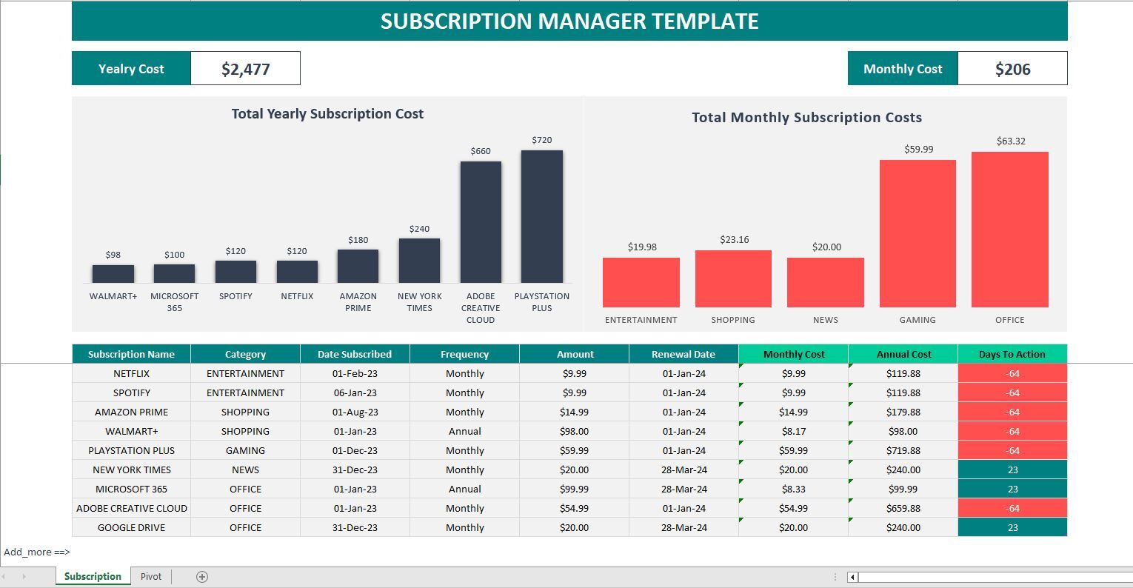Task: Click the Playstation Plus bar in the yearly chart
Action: click(541, 216)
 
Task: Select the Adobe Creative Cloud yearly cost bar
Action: click(481, 221)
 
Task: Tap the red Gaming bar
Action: click(918, 233)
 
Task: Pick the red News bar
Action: click(825, 282)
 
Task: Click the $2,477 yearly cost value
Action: click(245, 69)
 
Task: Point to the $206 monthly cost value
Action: click(1012, 69)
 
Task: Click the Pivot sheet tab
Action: click(151, 577)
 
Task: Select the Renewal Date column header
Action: click(684, 354)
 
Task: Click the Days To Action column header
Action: click(1012, 354)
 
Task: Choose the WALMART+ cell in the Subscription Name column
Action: click(131, 431)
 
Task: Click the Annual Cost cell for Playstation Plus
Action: click(903, 450)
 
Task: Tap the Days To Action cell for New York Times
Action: click(1012, 470)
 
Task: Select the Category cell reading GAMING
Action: click(245, 450)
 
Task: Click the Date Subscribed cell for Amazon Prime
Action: click(355, 412)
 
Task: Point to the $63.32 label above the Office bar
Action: click(1010, 141)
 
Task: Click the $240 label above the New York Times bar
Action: click(419, 229)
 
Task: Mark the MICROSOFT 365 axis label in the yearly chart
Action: click(174, 301)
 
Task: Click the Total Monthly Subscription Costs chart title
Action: click(806, 117)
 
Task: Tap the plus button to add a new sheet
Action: click(201, 577)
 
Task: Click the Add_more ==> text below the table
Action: click(36, 552)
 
